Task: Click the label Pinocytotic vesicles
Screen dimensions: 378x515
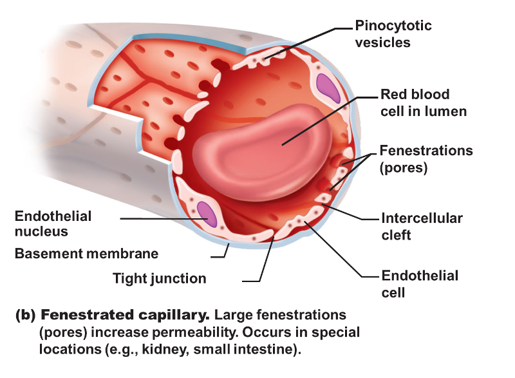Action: tap(393, 34)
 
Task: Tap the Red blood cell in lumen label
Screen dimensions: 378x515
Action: tap(423, 102)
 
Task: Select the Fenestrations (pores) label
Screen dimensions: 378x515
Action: tap(426, 159)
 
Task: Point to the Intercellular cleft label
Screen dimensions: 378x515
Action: tap(422, 226)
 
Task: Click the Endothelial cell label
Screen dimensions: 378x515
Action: tap(420, 283)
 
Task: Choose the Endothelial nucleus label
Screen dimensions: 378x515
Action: tap(53, 223)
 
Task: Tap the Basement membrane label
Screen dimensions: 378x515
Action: tap(86, 253)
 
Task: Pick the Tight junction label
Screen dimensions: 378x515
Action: tap(159, 278)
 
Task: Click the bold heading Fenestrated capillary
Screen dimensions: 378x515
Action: tap(126, 316)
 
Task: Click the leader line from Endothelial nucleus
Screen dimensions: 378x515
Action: tap(161, 219)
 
